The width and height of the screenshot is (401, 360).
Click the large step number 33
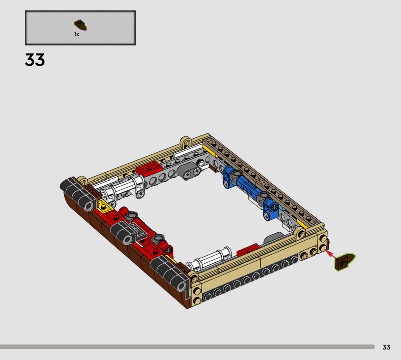(x=35, y=59)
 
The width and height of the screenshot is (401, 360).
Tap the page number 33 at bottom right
(x=386, y=347)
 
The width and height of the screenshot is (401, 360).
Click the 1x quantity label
(x=77, y=34)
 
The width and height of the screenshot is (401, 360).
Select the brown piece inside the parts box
(x=80, y=25)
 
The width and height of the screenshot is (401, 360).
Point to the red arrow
(x=331, y=254)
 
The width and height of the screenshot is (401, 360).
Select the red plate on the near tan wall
(x=248, y=250)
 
